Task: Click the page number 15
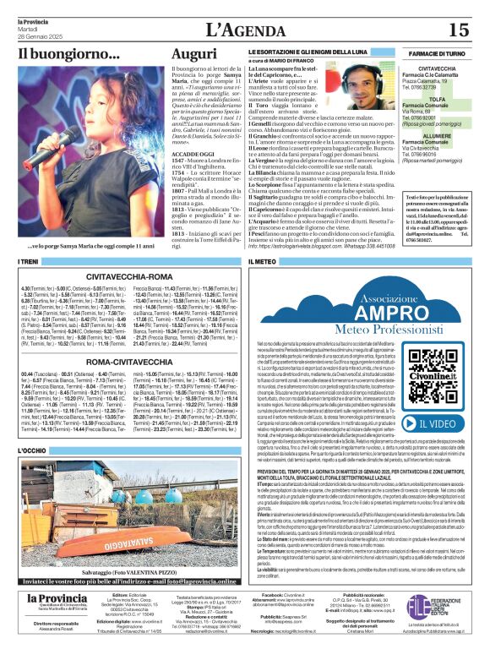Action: click(459, 30)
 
